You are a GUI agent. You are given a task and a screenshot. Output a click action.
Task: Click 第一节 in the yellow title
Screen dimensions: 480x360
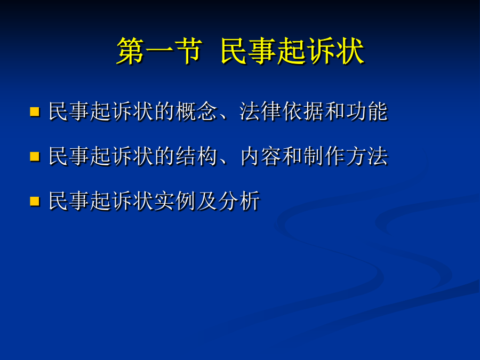pyautogui.click(x=159, y=51)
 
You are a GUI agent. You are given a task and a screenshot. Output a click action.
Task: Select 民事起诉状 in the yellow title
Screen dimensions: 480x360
pyautogui.click(x=292, y=51)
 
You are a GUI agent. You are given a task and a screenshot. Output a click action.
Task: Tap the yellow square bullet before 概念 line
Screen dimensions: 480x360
pyautogui.click(x=35, y=111)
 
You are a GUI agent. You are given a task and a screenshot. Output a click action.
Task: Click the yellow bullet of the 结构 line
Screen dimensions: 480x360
pyautogui.click(x=35, y=156)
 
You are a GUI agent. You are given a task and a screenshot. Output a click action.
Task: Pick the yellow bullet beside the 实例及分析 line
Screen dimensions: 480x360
pyautogui.click(x=35, y=202)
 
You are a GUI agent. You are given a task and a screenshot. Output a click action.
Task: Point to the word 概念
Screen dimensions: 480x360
pyautogui.click(x=196, y=111)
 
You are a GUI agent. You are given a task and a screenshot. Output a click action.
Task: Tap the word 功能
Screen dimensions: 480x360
pyautogui.click(x=367, y=111)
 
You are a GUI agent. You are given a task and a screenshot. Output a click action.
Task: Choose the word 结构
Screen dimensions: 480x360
pyautogui.click(x=196, y=156)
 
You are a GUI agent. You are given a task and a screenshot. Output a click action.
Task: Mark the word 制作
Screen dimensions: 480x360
pyautogui.click(x=324, y=156)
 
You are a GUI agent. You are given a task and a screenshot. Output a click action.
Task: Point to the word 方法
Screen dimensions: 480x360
pyautogui.click(x=367, y=156)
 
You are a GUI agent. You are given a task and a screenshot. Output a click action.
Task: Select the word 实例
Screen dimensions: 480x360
pyautogui.click(x=175, y=201)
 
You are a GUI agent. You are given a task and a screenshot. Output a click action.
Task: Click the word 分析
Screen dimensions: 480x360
pyautogui.click(x=239, y=201)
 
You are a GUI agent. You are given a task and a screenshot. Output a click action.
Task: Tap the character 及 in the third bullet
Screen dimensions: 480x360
pyautogui.click(x=207, y=201)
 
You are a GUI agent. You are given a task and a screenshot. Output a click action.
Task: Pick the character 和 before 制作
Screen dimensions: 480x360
pyautogui.click(x=292, y=156)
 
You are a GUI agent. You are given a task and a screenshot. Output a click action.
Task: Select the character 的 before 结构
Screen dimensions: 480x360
pyautogui.click(x=165, y=156)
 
